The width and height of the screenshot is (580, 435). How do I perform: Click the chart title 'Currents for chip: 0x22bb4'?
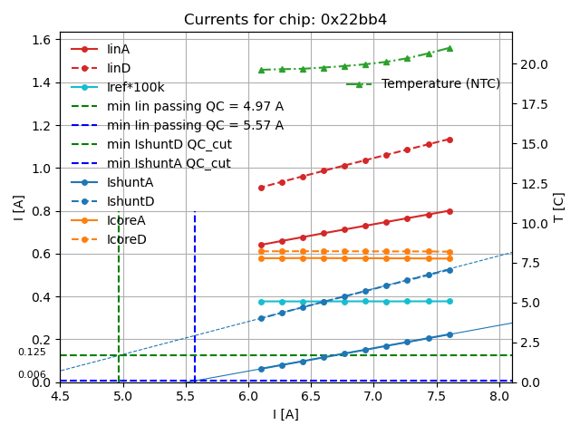tap(285, 20)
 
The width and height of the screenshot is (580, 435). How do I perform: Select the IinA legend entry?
tap(119, 49)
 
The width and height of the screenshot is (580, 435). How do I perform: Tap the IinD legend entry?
tap(119, 68)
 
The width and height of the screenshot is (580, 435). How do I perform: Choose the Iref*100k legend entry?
tap(137, 87)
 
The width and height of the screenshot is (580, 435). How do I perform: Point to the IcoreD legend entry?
tap(126, 239)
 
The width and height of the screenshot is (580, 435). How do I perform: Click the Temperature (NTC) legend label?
tap(440, 83)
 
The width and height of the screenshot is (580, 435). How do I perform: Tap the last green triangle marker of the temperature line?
tap(449, 48)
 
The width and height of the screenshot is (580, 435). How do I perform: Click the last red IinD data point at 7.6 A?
tap(449, 140)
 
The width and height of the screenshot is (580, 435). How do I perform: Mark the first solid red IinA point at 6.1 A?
tap(261, 245)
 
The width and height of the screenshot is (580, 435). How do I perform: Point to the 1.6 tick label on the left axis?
tap(41, 40)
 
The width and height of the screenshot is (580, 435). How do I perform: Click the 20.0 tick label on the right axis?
tap(534, 64)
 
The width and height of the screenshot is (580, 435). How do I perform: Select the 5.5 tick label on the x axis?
tap(186, 395)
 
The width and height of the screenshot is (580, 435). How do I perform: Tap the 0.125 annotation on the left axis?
tap(32, 352)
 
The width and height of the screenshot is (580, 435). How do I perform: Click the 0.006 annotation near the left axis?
tap(32, 374)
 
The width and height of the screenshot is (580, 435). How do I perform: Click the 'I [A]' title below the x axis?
tap(285, 414)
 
